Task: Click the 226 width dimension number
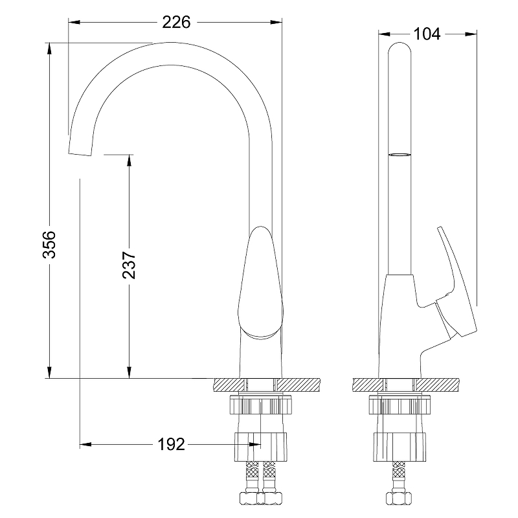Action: [176, 23]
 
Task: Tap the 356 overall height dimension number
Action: [50, 245]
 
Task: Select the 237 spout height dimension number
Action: [129, 265]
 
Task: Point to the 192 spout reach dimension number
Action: [171, 444]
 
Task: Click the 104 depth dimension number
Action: [427, 34]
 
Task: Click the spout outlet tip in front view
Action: [80, 154]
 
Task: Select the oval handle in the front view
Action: [261, 282]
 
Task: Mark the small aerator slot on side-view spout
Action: [400, 154]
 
